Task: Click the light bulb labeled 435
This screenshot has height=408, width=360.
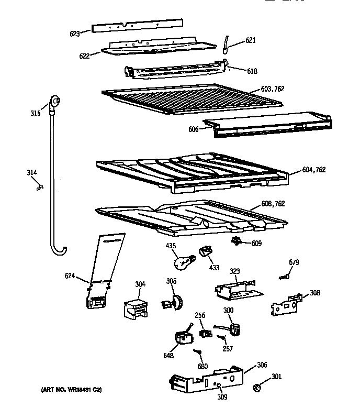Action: pyautogui.click(x=183, y=259)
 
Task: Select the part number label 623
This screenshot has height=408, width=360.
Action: pyautogui.click(x=75, y=34)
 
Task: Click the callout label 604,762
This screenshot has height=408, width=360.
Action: pyautogui.click(x=313, y=170)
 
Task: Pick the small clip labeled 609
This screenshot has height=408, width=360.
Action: pyautogui.click(x=237, y=241)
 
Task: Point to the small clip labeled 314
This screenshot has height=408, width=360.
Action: pyautogui.click(x=39, y=186)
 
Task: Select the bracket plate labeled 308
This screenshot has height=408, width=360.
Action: pyautogui.click(x=285, y=305)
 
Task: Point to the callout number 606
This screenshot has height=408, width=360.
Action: pyautogui.click(x=194, y=129)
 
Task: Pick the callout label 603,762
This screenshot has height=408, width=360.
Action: pyautogui.click(x=272, y=89)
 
